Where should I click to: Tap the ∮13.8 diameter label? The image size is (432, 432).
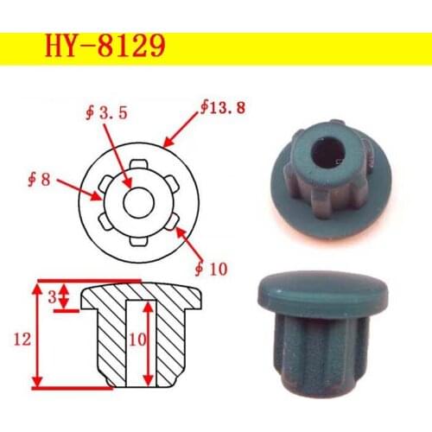coord(218,108)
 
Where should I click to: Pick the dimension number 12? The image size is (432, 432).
coord(19,340)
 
